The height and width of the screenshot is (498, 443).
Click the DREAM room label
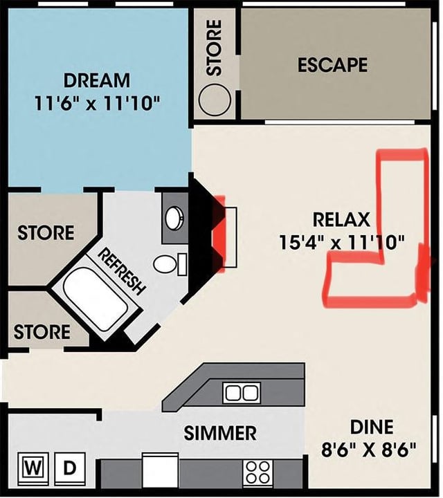[97, 80]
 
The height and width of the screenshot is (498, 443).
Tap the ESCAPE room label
[332, 64]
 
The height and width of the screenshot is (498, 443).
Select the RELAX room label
[341, 219]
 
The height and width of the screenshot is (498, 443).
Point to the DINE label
[372, 427]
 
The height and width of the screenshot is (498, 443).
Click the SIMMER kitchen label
[220, 432]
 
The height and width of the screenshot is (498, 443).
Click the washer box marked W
[33, 469]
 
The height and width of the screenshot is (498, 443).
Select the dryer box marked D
[70, 469]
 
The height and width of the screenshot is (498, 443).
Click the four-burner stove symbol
[257, 473]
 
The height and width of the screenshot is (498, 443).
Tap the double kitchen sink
[242, 393]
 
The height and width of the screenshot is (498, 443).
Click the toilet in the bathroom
[170, 264]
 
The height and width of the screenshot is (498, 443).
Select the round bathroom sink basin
[174, 218]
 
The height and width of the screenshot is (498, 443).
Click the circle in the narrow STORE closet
[215, 100]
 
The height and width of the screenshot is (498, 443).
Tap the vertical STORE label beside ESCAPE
[214, 48]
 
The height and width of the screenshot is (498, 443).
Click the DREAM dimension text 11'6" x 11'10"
[97, 103]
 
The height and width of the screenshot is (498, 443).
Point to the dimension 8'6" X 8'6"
[369, 450]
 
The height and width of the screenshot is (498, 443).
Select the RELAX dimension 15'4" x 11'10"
[342, 243]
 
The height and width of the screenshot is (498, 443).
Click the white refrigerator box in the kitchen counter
[160, 471]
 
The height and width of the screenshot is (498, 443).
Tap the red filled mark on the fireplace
[219, 234]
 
